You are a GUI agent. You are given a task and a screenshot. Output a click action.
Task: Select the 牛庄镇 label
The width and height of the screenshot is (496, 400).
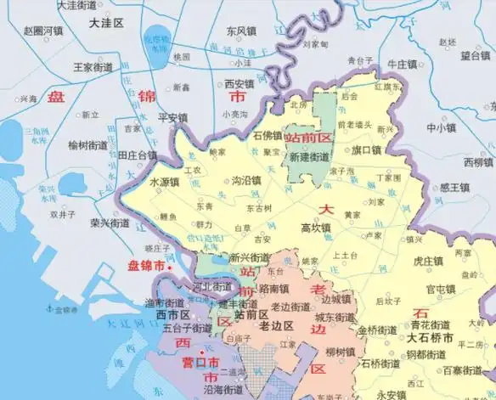click(x=402, y=64)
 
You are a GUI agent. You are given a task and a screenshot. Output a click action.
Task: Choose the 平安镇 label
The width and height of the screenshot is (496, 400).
click(x=172, y=117)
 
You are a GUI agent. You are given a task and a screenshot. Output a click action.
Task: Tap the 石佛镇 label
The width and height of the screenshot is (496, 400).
click(x=268, y=134)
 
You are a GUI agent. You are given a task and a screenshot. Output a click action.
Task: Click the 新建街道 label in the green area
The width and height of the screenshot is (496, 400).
click(x=309, y=157)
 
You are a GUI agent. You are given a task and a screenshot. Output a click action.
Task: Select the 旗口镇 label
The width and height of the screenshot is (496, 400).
click(x=366, y=149)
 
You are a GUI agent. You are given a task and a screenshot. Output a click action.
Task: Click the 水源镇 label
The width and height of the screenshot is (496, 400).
click(x=164, y=182)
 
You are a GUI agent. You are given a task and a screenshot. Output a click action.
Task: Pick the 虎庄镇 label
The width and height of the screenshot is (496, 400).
click(x=428, y=262)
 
